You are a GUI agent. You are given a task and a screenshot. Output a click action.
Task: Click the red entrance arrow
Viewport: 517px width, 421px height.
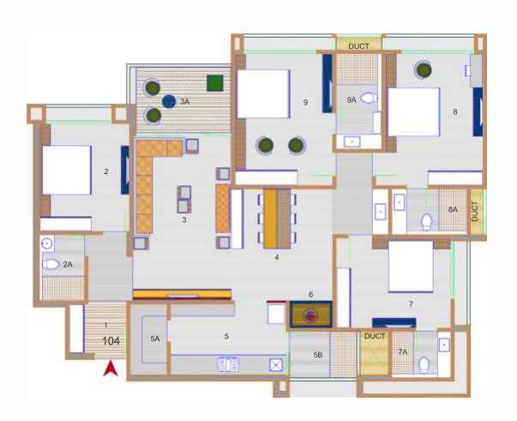click(x=111, y=370)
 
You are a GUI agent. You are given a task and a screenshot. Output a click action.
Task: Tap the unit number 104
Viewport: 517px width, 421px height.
click(x=111, y=341)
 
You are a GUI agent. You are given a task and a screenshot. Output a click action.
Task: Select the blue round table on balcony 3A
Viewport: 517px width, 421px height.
click(x=169, y=101)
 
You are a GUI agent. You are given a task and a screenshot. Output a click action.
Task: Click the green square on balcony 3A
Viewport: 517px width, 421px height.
click(x=215, y=83)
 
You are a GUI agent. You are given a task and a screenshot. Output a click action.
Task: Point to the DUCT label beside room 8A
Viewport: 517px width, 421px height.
click(x=475, y=211)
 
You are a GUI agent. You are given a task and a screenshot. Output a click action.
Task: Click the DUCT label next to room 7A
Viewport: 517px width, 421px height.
click(x=375, y=336)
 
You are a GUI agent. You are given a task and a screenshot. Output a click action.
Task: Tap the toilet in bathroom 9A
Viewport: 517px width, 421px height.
click(x=369, y=98)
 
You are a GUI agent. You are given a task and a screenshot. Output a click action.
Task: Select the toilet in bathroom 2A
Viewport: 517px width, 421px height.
click(x=51, y=264)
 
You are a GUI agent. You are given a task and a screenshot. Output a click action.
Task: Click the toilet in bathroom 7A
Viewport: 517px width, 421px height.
click(x=424, y=364)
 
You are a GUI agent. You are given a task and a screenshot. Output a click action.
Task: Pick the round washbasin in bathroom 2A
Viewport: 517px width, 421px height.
click(x=47, y=244)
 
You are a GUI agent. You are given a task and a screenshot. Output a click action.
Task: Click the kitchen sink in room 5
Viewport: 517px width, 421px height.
click(x=276, y=364)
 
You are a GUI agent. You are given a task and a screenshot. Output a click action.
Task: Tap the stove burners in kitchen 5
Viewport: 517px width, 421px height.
click(x=228, y=364)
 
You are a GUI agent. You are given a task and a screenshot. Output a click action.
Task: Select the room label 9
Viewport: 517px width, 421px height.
click(x=305, y=103)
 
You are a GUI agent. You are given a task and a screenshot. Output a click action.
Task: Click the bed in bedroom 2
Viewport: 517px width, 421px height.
click(x=66, y=170)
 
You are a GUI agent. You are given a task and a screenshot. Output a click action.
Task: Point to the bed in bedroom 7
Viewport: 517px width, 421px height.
click(x=411, y=267)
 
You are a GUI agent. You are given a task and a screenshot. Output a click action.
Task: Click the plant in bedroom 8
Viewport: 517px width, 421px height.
click(x=424, y=69)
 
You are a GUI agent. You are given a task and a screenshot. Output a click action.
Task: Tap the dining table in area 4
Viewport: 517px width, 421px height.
click(x=277, y=219)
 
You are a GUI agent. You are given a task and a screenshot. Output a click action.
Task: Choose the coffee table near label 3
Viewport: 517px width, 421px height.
click(x=184, y=200)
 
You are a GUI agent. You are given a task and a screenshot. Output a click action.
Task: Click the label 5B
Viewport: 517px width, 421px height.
click(x=318, y=355)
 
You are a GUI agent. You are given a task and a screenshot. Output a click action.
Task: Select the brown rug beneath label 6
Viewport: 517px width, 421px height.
click(x=310, y=315)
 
